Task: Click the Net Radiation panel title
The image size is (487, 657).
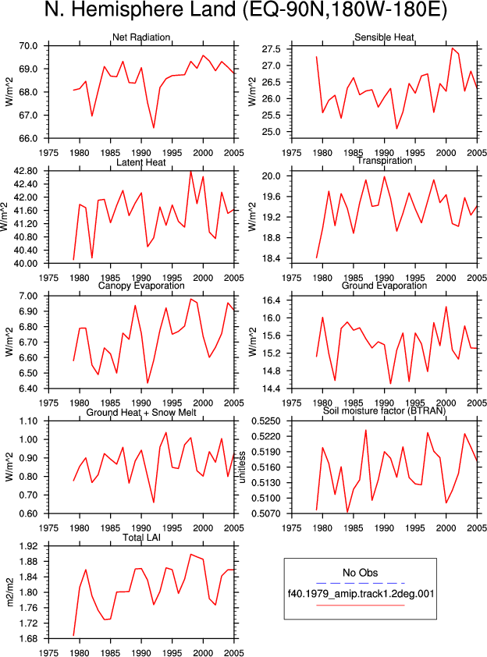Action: pyautogui.click(x=141, y=37)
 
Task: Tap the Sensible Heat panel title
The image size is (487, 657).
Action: pyautogui.click(x=384, y=37)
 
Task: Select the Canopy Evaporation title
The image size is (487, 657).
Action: pyautogui.click(x=141, y=286)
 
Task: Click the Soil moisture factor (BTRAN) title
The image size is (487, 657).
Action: pyautogui.click(x=384, y=410)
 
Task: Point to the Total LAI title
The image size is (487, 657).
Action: pyautogui.click(x=141, y=538)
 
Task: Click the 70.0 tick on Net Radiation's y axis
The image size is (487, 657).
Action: pyautogui.click(x=28, y=46)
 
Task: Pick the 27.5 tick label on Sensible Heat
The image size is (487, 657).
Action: pyautogui.click(x=271, y=49)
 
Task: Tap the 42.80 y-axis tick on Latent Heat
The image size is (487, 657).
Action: pyautogui.click(x=26, y=171)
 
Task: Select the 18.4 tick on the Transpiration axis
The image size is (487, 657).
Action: pyautogui.click(x=271, y=258)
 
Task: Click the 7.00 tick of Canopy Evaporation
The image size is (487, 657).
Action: pyautogui.click(x=28, y=296)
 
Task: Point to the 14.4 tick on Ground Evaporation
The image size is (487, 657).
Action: pyautogui.click(x=271, y=389)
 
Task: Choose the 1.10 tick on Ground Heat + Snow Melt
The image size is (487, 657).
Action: pyautogui.click(x=28, y=421)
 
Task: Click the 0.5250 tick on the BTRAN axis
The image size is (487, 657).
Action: pyautogui.click(x=266, y=421)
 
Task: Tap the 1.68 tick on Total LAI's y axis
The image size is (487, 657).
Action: pyautogui.click(x=28, y=638)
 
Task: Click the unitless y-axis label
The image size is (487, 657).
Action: pyautogui.click(x=242, y=467)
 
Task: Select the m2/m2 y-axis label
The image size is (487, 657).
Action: pyautogui.click(x=10, y=592)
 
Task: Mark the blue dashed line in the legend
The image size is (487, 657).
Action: pyautogui.click(x=361, y=583)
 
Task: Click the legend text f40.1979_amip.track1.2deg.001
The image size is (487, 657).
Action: pyautogui.click(x=361, y=594)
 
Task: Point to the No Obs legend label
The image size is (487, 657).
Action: pyautogui.click(x=361, y=573)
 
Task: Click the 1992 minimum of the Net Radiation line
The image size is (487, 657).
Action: pyautogui.click(x=154, y=128)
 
